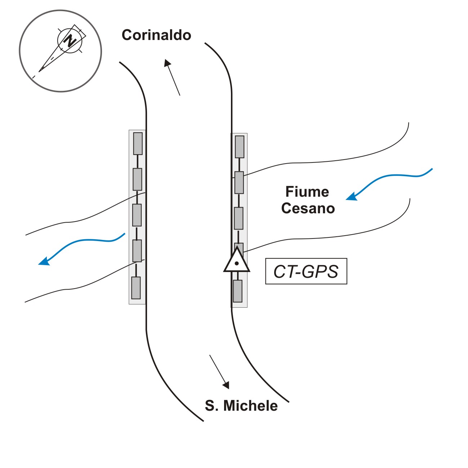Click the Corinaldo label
156,35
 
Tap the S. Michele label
241,406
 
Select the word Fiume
307,192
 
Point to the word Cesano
308,208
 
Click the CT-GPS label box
306,271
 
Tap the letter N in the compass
70,40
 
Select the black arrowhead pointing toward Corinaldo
167,63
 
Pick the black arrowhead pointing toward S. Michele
226,385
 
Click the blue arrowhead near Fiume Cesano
351,196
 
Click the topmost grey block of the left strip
138,143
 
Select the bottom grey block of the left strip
135,288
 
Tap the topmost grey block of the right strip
240,146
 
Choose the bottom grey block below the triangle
237,291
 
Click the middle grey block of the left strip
137,215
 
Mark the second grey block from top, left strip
137,179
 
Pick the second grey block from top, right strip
239,182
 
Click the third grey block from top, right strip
239,218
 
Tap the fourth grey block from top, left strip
137,250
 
